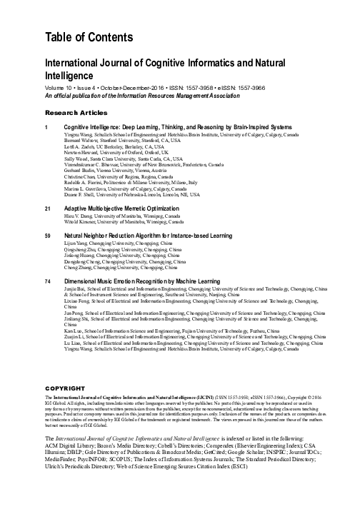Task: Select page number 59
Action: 48,234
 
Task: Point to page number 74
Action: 48,282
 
